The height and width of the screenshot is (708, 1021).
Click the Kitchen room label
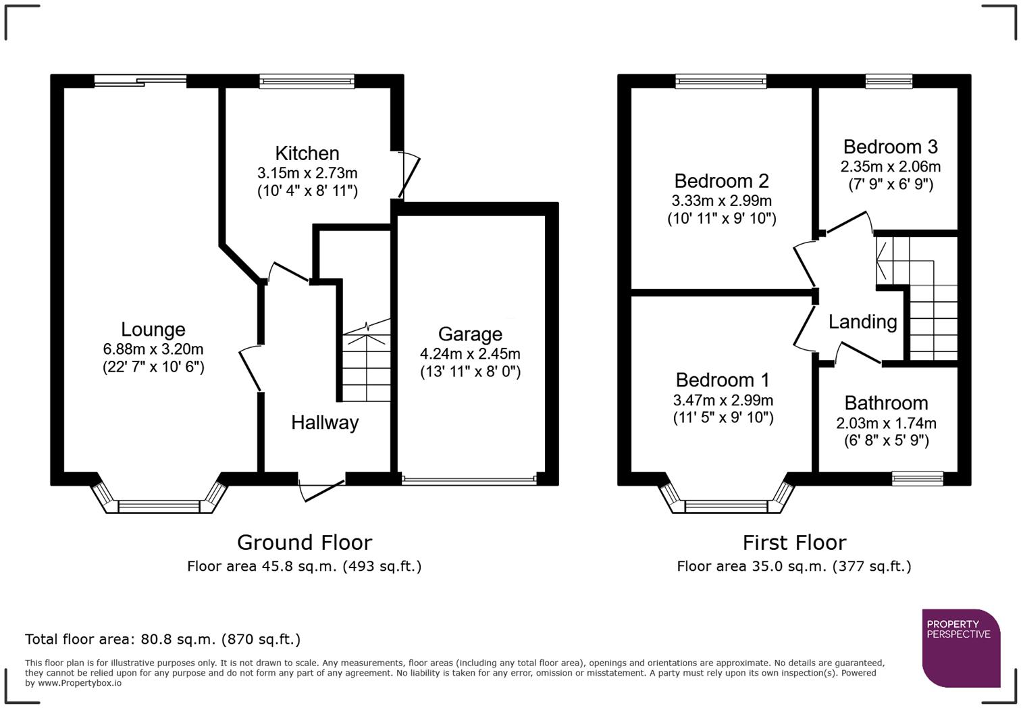307,153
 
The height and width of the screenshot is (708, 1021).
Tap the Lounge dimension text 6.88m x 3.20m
153,349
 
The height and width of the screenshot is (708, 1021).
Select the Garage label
470,334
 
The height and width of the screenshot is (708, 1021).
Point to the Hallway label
325,423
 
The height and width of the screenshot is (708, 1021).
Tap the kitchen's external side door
409,175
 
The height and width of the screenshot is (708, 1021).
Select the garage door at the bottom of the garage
469,480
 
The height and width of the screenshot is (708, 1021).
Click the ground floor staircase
366,365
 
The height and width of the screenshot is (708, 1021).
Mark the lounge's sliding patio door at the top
140,81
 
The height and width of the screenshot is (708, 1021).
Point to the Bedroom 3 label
890,147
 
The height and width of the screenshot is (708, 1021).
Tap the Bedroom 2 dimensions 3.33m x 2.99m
722,201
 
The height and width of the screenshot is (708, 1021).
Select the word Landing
862,322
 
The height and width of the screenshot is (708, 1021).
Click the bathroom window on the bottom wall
917,478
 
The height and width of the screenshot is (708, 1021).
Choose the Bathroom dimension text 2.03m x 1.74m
886,424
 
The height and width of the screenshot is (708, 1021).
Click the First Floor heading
794,542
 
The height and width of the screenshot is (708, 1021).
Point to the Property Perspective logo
961,648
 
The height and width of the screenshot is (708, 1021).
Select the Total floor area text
163,639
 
